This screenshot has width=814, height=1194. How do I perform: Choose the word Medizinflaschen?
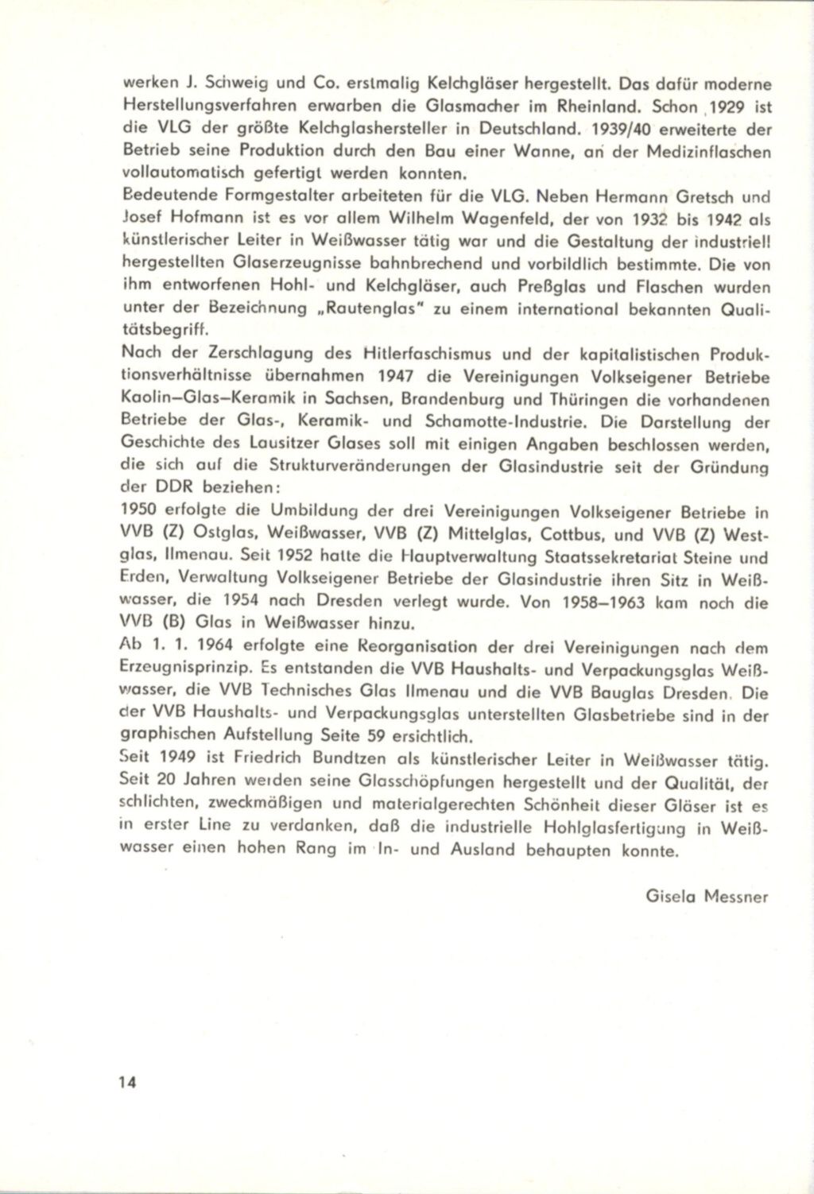[705, 150]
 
